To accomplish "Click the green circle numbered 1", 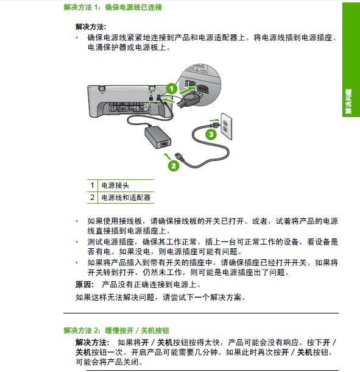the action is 172,89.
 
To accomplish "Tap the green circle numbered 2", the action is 174,166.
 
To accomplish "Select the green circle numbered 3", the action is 211,135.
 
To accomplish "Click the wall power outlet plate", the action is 226,126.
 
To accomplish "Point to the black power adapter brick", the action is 158,137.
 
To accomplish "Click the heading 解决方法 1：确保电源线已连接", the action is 113,7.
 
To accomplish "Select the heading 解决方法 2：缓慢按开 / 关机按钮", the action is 116,331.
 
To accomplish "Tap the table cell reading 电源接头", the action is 115,185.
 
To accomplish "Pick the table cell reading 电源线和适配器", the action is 126,198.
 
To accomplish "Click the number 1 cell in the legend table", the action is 92,185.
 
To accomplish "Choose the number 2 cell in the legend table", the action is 92,198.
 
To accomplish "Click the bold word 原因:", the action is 85,284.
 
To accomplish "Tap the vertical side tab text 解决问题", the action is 348,102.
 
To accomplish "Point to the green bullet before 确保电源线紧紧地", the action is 77,37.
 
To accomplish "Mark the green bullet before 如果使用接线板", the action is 77,221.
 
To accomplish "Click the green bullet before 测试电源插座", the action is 77,241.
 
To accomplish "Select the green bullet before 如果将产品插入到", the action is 77,262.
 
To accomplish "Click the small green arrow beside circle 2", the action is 167,156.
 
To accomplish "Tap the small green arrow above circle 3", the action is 214,120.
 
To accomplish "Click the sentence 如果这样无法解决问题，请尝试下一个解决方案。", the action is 161,297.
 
